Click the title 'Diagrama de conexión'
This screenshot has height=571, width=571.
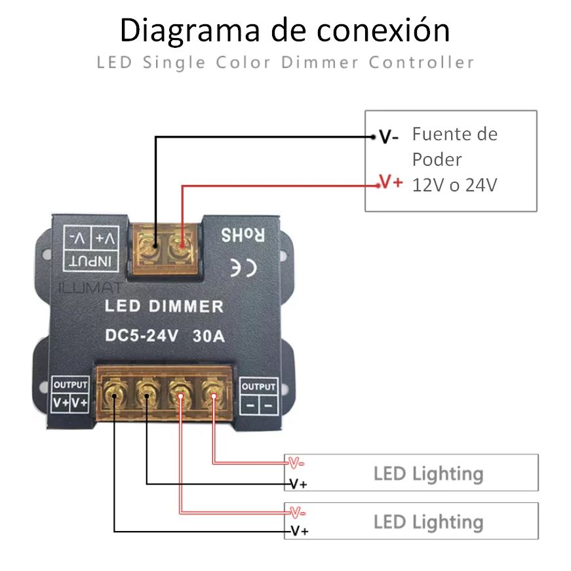coord(285,31)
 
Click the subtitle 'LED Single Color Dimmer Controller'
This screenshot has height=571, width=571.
coord(285,63)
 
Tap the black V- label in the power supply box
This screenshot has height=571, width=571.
coord(389,137)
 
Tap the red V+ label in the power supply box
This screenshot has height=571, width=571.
coord(391,182)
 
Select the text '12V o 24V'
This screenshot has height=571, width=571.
coord(454,186)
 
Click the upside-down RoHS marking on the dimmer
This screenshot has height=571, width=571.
coord(242,235)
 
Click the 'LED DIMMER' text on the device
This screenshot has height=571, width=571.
coord(165,306)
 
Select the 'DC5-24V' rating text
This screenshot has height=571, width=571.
coord(142,336)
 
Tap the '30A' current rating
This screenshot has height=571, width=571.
coord(209,336)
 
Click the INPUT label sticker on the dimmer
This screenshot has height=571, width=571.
coord(92,248)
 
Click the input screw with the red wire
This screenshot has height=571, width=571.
coord(181,248)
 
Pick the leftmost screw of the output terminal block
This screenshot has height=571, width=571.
coord(115,395)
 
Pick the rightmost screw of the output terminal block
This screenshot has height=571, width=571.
coord(213,395)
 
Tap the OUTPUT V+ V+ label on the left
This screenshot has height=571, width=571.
coord(71,395)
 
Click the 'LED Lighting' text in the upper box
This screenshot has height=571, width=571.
coord(428,473)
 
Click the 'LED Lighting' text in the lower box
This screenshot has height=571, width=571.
coord(428,522)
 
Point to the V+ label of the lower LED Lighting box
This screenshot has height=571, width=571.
coord(299,531)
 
